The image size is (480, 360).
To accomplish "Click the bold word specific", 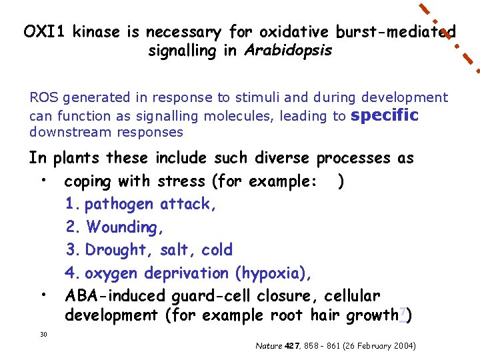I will pos(384,116).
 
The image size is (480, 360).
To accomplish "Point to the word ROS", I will pos(43,98).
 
